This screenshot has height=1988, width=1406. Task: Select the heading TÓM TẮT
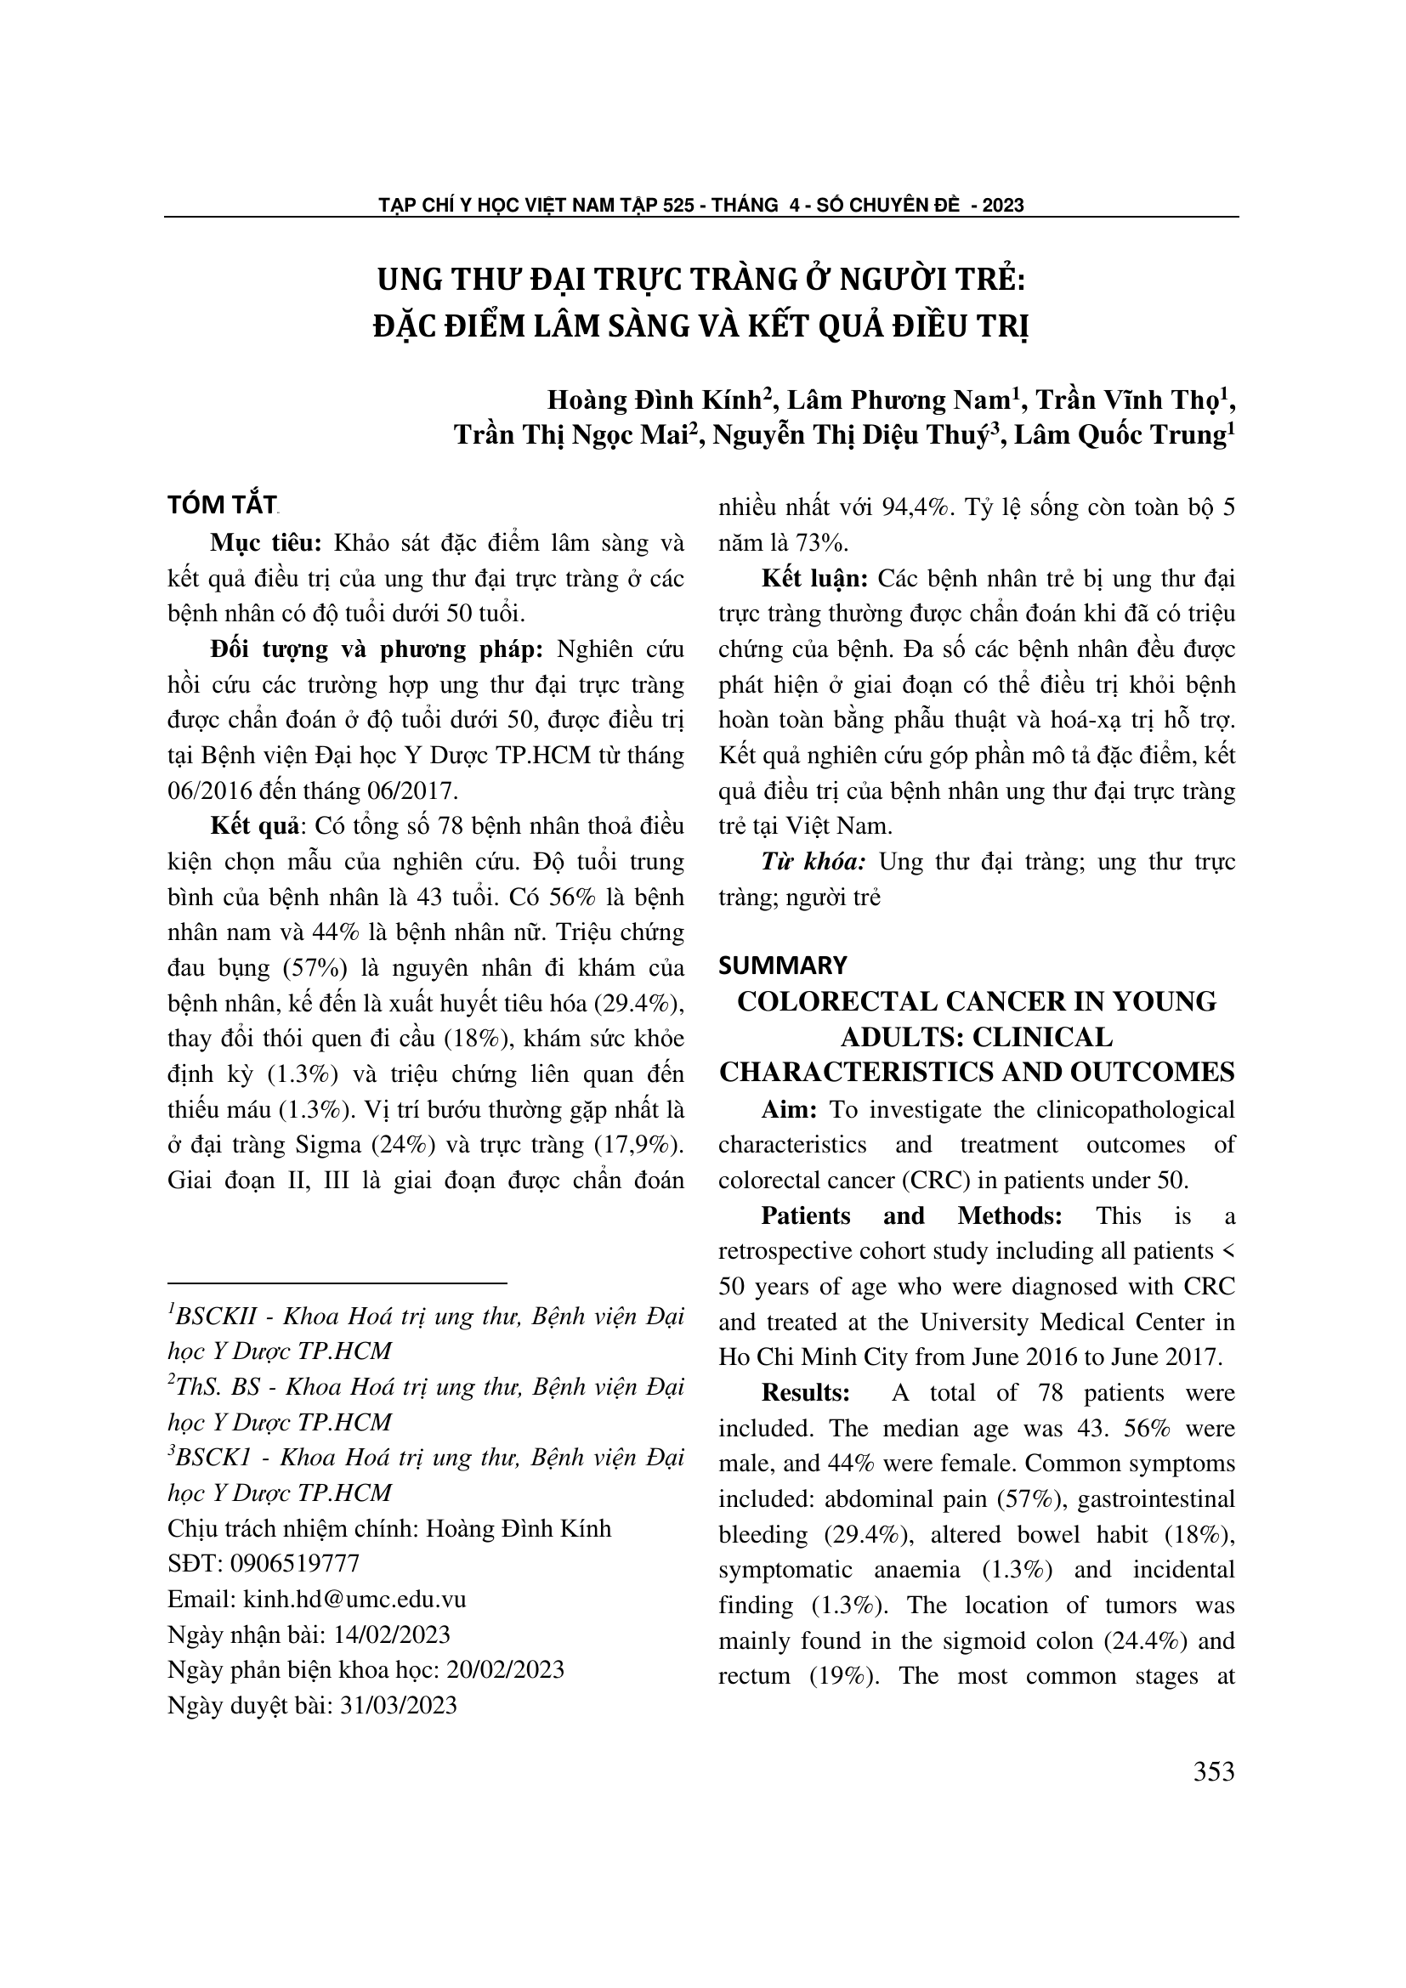click(222, 506)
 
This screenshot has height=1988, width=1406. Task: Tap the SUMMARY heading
click(783, 966)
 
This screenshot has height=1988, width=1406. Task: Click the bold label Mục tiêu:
click(266, 544)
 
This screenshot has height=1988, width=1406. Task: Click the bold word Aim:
click(790, 1110)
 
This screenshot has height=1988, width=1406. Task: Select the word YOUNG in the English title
click(1163, 1002)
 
